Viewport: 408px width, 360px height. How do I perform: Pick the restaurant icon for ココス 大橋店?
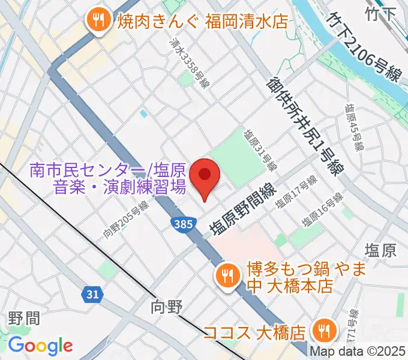[x=324, y=331]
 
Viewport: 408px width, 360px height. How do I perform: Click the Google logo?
[x=40, y=346]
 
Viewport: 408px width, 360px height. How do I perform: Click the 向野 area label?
[x=166, y=308]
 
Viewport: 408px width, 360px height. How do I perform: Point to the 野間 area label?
[x=24, y=318]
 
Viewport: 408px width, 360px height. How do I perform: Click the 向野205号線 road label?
[x=125, y=220]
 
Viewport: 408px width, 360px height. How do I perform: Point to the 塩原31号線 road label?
[x=260, y=149]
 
